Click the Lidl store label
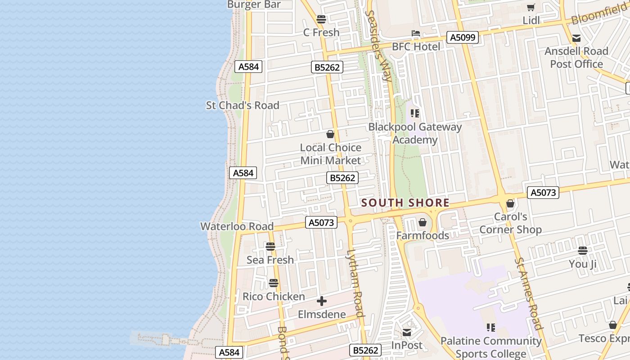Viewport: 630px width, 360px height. coord(531,20)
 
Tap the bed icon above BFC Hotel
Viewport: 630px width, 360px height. coord(415,34)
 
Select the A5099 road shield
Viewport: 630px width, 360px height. coord(463,37)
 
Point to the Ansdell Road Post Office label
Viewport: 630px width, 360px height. coord(576,58)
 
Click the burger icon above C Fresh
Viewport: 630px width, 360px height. coord(321,19)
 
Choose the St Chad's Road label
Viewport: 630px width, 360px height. coord(243,105)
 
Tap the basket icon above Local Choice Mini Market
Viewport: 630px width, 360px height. coord(330,134)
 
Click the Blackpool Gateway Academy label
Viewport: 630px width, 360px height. coord(415,133)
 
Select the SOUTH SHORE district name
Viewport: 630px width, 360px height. coord(405,203)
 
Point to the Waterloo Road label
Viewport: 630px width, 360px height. coord(237,226)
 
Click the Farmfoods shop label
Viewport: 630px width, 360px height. coord(423,235)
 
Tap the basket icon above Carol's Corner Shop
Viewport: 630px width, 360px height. coord(510,204)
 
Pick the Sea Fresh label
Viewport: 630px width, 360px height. coord(270,260)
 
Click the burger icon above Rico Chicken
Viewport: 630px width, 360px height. coord(274,283)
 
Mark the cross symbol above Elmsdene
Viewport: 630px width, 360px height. coord(322,301)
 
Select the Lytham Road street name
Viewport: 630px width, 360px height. coord(355,283)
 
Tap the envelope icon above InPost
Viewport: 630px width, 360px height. coord(407,333)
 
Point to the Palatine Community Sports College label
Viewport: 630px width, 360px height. coord(491,347)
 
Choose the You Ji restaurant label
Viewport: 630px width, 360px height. coord(583,264)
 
